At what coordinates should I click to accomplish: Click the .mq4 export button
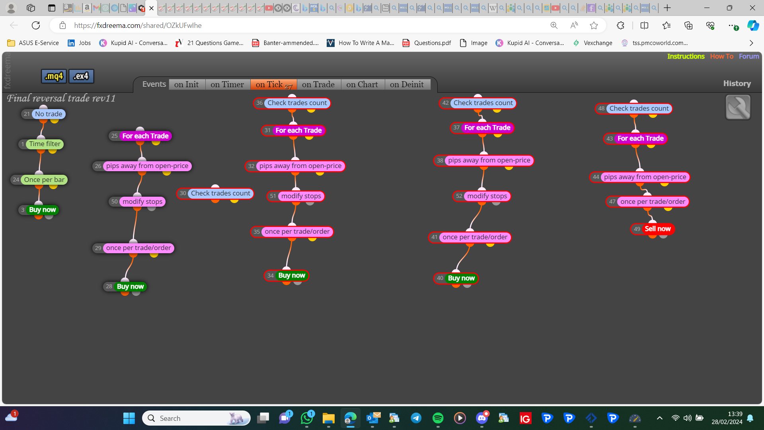tap(54, 76)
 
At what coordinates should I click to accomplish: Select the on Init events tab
tap(187, 84)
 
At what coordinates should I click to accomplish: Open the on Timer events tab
tap(227, 84)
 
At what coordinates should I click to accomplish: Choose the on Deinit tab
tap(407, 84)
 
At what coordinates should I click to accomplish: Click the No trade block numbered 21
tap(43, 114)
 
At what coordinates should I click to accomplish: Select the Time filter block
tap(41, 144)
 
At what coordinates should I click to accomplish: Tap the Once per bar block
tap(39, 180)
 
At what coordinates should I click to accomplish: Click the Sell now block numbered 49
tap(653, 229)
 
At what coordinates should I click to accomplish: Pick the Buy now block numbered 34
tap(286, 276)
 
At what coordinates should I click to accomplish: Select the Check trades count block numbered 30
tap(215, 193)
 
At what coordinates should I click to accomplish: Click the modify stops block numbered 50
tap(137, 201)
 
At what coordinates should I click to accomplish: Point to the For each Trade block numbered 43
tap(635, 139)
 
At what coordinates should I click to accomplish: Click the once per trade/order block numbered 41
tap(470, 237)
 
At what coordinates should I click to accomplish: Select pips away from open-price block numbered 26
tap(142, 166)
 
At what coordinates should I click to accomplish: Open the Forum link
tap(749, 57)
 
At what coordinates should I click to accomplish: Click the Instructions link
tap(686, 57)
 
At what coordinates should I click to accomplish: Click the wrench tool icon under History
tap(738, 107)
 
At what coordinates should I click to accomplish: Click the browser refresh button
tap(36, 25)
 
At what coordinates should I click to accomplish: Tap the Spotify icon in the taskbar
tap(438, 418)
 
